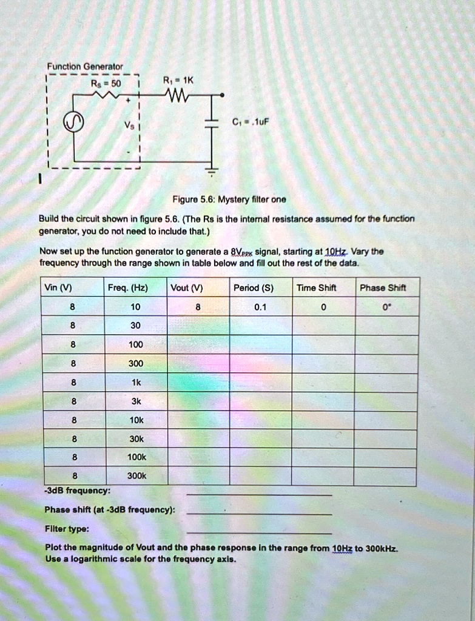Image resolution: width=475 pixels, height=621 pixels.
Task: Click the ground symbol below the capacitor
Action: coord(212,172)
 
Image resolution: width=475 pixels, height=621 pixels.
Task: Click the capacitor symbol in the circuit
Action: coord(212,124)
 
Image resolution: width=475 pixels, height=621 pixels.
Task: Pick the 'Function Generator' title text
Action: coord(86,66)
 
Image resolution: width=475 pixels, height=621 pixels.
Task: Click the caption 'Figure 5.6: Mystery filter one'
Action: coord(229,200)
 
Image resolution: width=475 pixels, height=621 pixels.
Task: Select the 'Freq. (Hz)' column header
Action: coord(135,288)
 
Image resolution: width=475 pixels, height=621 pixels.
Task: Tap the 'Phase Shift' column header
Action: coord(383,288)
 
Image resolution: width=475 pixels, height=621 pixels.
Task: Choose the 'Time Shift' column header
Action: coord(316,288)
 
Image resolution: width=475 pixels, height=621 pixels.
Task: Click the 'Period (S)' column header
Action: coord(254,288)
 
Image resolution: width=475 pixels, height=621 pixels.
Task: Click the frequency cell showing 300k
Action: coord(135,476)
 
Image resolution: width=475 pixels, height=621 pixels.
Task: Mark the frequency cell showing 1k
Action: coord(135,383)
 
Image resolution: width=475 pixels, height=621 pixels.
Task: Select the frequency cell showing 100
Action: coord(135,344)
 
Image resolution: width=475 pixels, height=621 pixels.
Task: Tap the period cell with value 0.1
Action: coord(260,307)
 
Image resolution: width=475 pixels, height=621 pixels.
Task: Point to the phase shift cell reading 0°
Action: coord(386,307)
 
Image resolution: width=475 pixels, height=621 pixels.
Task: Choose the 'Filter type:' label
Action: coord(67,528)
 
